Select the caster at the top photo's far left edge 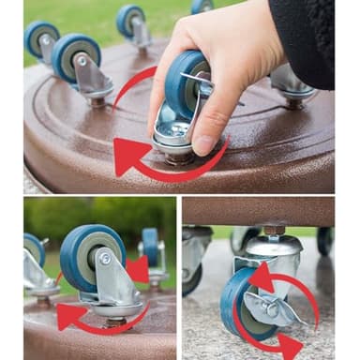[x=41, y=39]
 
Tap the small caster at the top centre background [x=131, y=22]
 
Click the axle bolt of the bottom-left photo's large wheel [x=105, y=259]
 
